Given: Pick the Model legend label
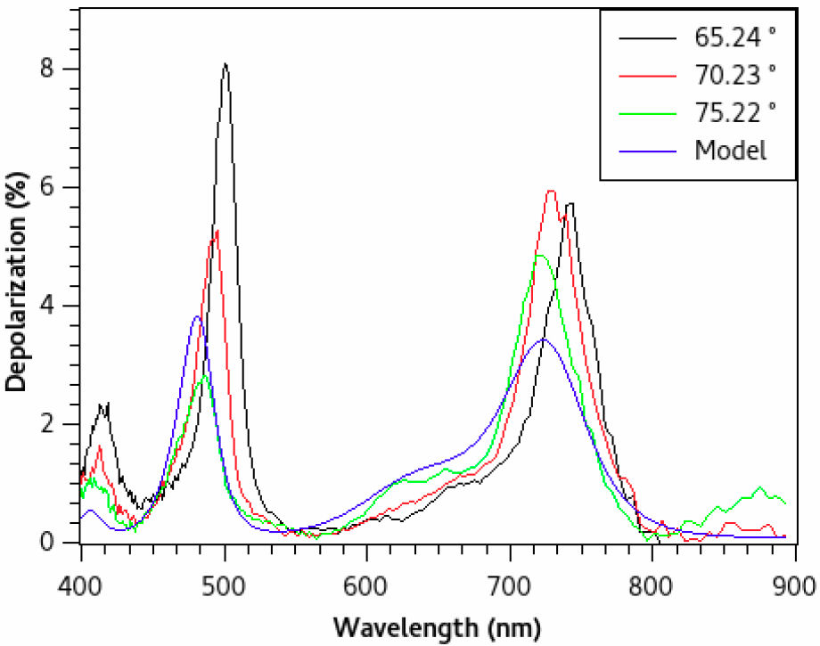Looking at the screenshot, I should pyautogui.click(x=730, y=150).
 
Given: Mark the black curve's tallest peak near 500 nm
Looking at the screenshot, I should pyautogui.click(x=225, y=64).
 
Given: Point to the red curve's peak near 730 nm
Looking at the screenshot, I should pyautogui.click(x=551, y=191).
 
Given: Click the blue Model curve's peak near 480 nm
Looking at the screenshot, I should pyautogui.click(x=197, y=316).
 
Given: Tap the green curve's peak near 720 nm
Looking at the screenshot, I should pyautogui.click(x=538, y=256).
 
